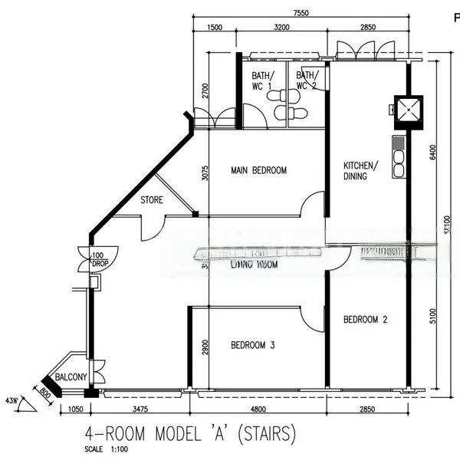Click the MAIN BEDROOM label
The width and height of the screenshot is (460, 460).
(258, 170)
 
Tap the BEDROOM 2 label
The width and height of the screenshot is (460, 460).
(365, 320)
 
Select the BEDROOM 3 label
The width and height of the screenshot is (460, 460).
(253, 346)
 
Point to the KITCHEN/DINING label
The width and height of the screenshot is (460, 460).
(360, 170)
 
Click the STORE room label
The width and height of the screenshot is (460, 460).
(152, 201)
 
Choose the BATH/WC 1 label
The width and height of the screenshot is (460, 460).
(262, 80)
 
